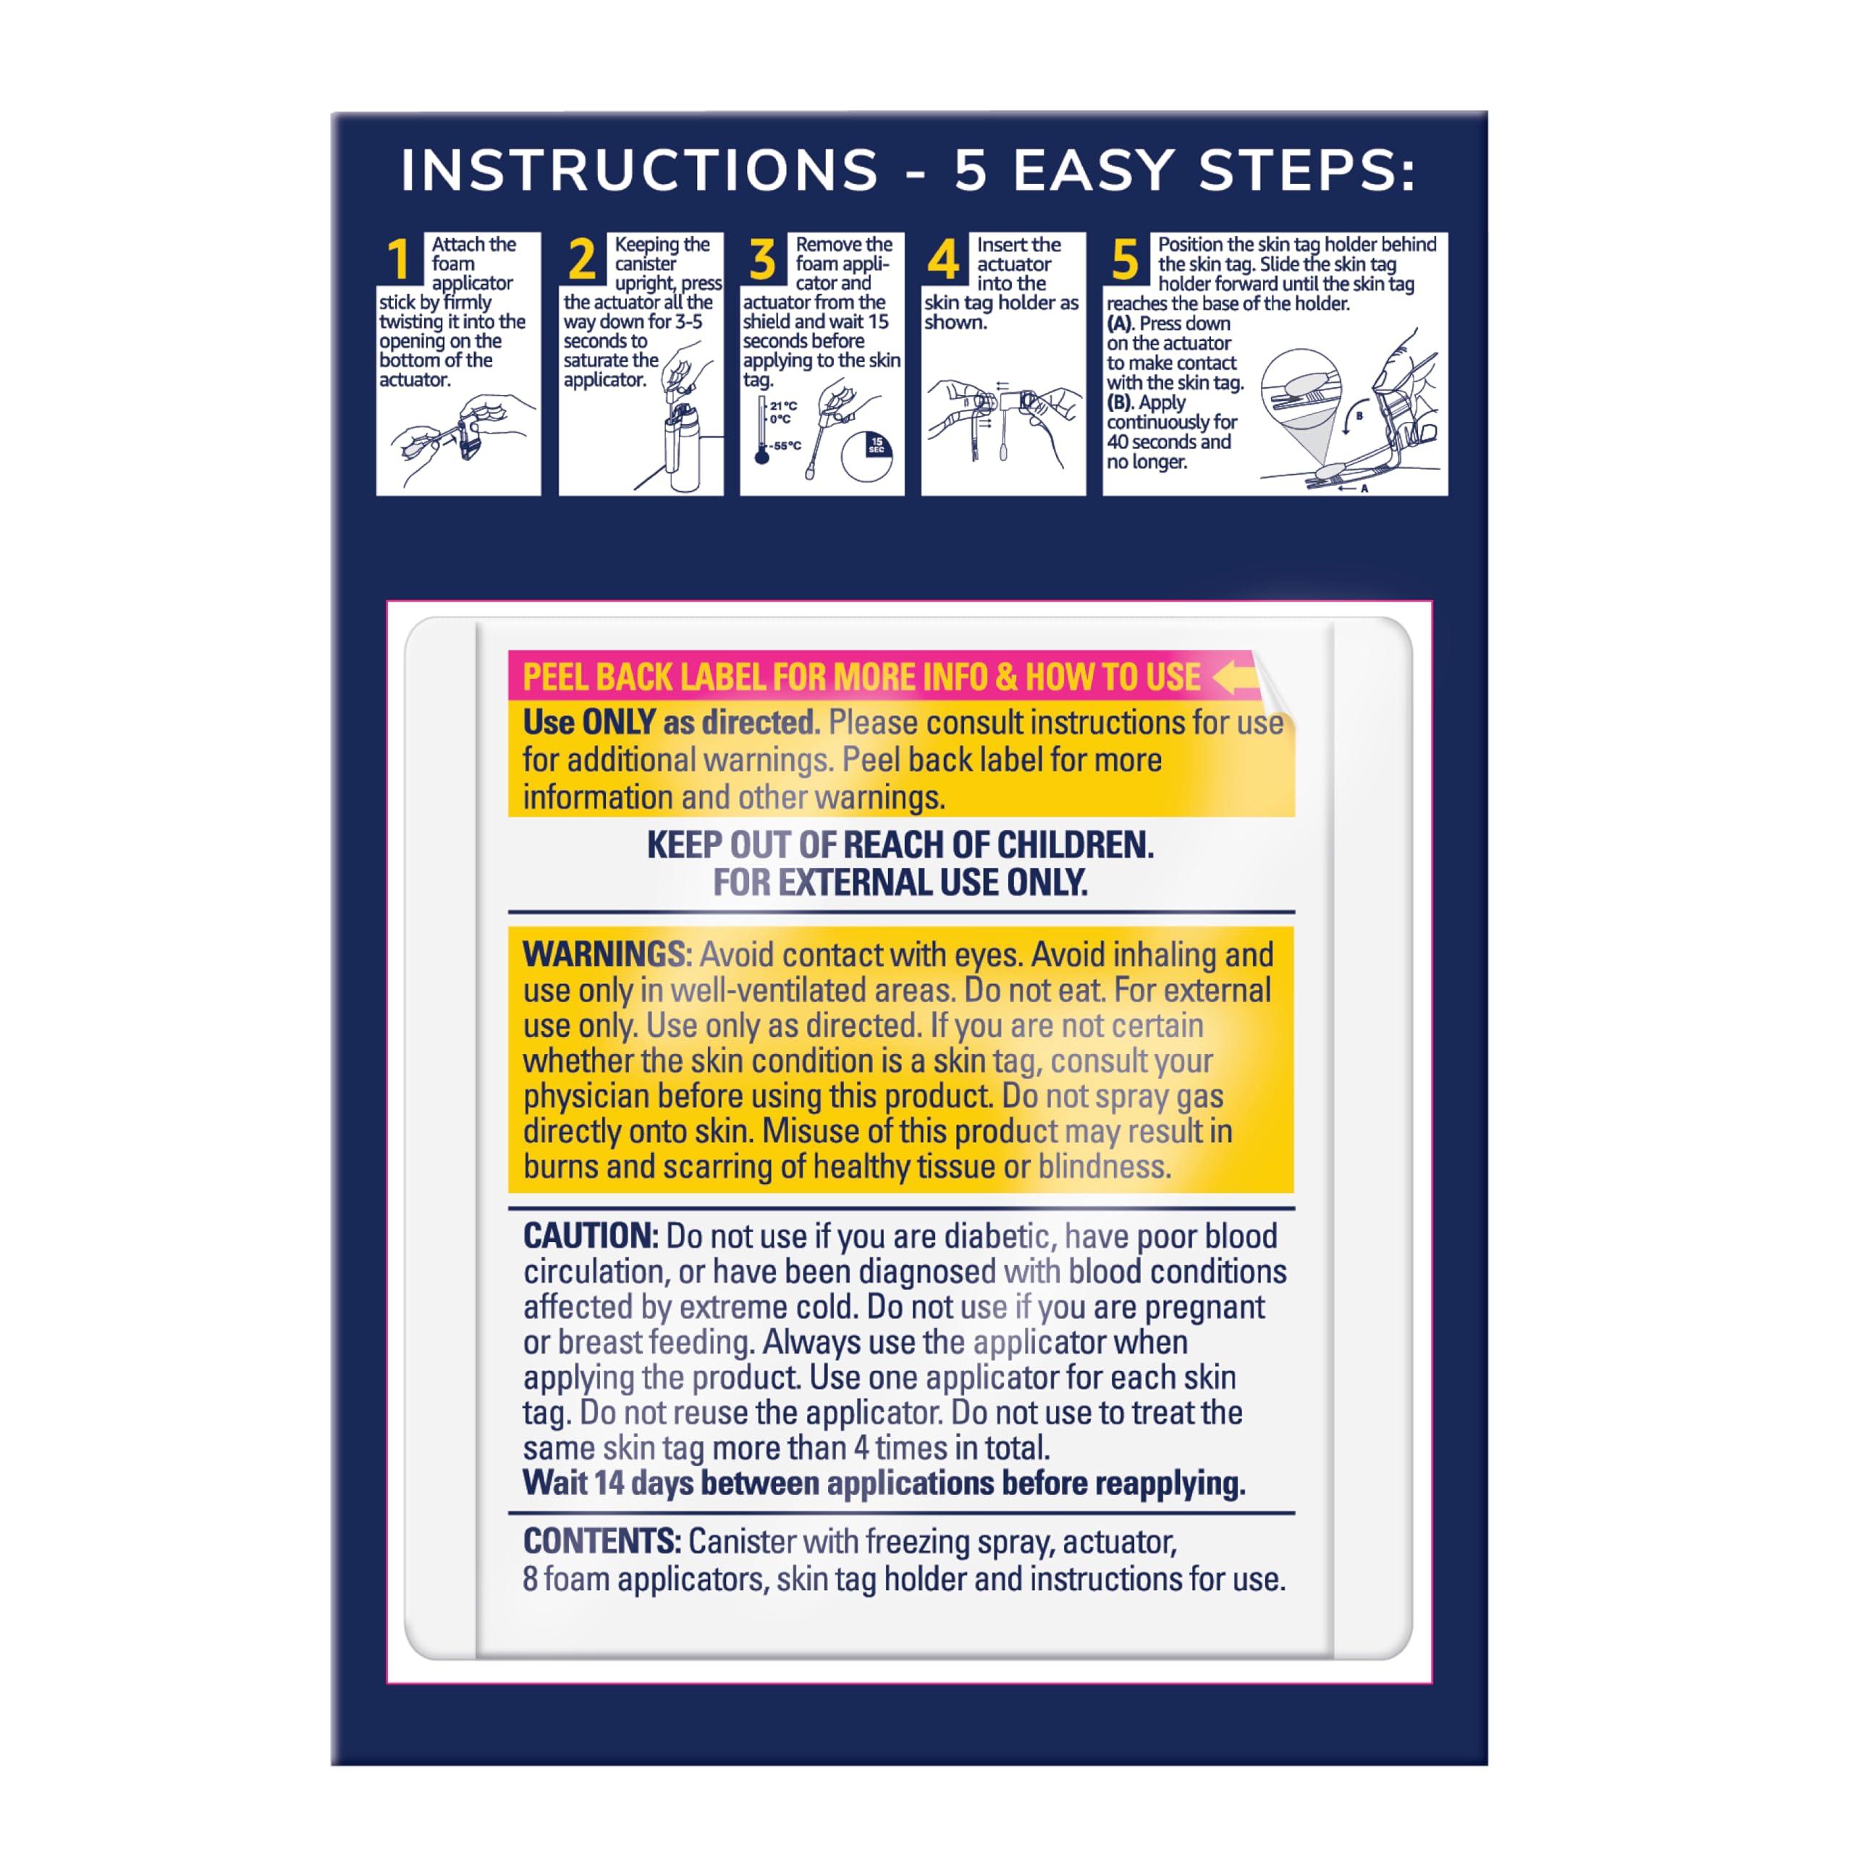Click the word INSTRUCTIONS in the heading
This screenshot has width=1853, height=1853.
640,171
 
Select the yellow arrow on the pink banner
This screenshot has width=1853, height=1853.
1234,677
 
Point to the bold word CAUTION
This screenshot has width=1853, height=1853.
590,1236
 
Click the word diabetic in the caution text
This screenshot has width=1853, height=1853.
997,1236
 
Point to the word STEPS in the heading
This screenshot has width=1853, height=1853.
1307,171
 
